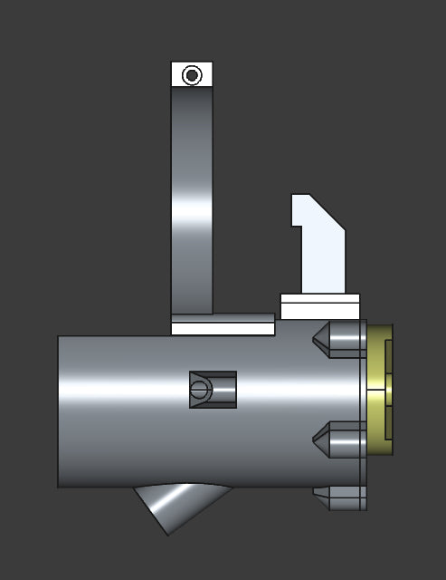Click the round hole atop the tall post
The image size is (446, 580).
(x=192, y=75)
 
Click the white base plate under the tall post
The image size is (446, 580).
(x=223, y=324)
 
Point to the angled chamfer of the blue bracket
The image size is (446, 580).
(x=327, y=212)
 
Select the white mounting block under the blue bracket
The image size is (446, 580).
(x=319, y=306)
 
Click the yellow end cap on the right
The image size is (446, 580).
(x=380, y=390)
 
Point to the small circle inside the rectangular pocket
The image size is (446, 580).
(x=199, y=391)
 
